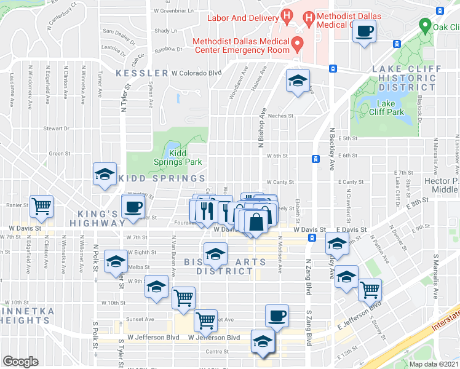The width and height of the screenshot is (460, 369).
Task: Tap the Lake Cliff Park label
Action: (x=386, y=108)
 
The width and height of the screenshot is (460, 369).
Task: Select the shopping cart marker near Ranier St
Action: (x=42, y=207)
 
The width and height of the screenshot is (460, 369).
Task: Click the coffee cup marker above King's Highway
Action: (x=133, y=207)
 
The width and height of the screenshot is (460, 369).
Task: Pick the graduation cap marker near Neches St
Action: (x=298, y=81)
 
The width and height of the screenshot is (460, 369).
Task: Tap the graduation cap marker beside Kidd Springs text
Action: (x=105, y=174)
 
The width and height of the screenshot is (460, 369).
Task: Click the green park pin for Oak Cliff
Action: (x=424, y=26)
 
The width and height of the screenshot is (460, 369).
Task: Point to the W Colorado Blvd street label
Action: (x=196, y=73)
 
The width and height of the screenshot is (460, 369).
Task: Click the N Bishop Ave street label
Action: (x=262, y=132)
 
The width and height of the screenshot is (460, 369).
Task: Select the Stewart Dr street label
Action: (x=56, y=129)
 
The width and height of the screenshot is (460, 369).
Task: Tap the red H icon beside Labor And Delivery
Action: (x=285, y=15)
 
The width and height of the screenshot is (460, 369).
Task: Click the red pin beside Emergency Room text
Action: (x=298, y=43)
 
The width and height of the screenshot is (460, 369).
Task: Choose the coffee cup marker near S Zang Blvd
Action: (x=277, y=316)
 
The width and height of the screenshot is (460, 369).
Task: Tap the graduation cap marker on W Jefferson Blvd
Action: (x=263, y=342)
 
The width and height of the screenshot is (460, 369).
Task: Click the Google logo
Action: (x=20, y=362)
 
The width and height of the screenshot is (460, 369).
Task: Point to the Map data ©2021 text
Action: (x=434, y=364)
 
